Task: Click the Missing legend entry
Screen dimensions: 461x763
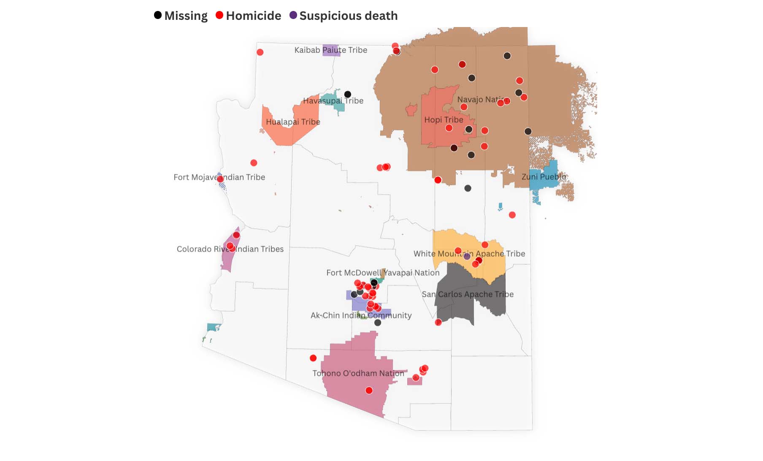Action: click(x=181, y=16)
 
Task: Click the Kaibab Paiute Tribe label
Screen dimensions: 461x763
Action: click(x=330, y=50)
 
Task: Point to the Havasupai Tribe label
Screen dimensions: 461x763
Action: click(x=333, y=100)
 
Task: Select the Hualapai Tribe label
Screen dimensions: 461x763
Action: click(x=293, y=122)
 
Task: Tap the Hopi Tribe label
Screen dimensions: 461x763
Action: click(x=444, y=119)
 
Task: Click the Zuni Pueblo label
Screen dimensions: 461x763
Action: click(x=544, y=176)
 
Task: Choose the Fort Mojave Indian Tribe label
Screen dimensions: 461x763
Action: click(x=219, y=177)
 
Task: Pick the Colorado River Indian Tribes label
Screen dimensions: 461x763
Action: click(x=230, y=249)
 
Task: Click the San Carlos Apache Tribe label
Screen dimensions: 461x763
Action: click(x=468, y=294)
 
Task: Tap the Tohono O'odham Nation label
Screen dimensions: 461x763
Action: click(x=358, y=373)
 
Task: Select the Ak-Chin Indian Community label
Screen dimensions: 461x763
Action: click(x=361, y=315)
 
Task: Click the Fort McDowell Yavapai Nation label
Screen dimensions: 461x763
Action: click(x=383, y=272)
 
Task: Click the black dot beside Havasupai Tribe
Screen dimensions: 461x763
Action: click(x=347, y=94)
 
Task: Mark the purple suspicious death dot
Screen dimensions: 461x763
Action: click(x=467, y=256)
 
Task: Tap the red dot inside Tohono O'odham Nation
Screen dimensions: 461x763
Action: click(x=369, y=390)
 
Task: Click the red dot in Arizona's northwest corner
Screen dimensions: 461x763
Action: click(x=260, y=52)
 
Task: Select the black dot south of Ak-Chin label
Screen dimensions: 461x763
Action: click(x=378, y=323)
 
